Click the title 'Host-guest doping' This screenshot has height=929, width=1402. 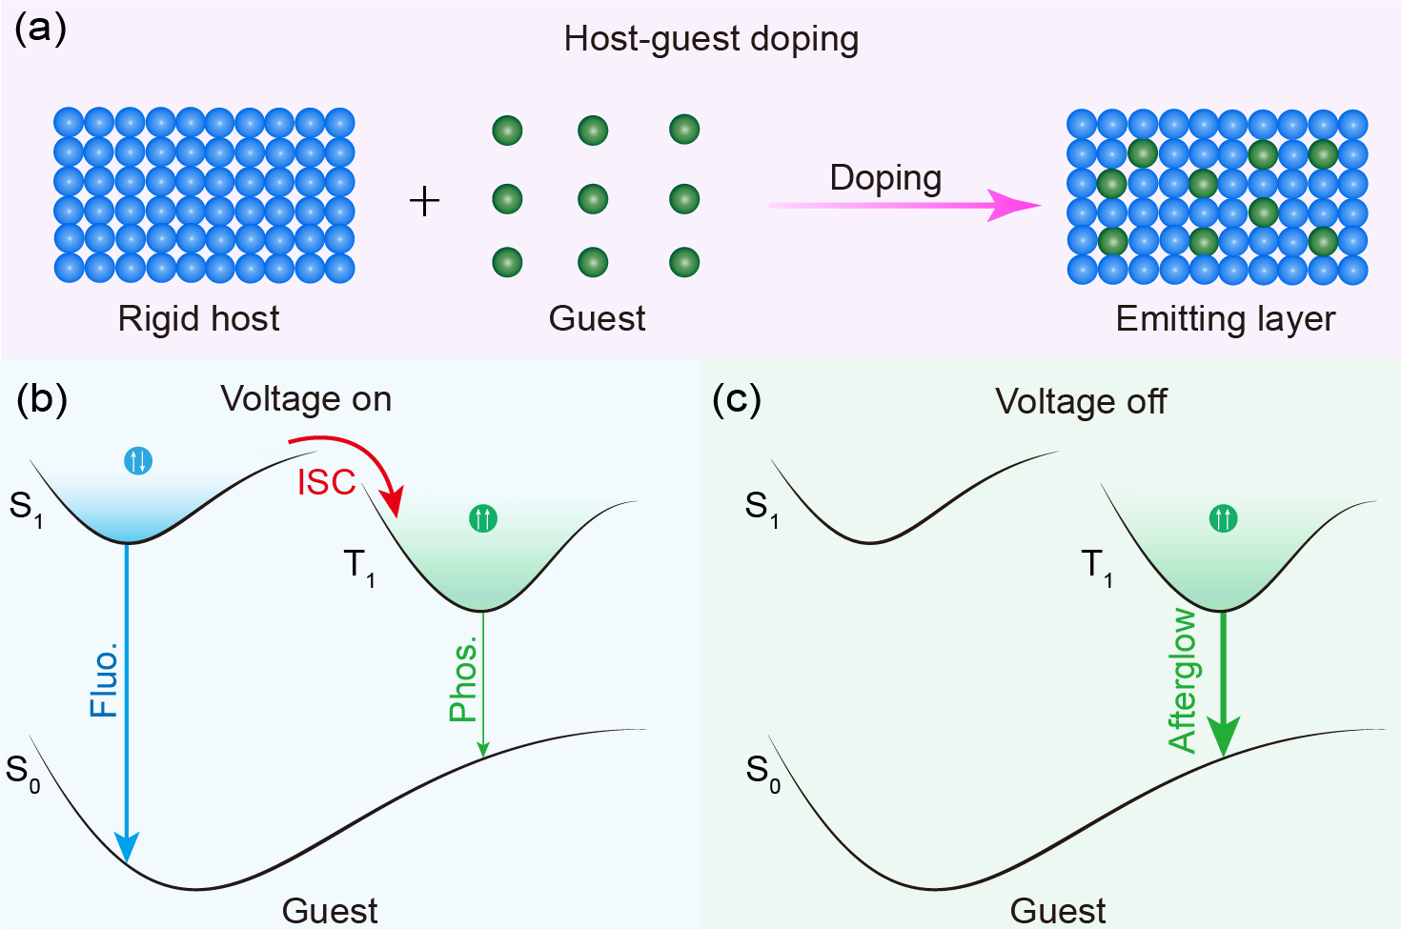pyautogui.click(x=711, y=39)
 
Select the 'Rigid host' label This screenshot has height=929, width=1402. pyautogui.click(x=198, y=318)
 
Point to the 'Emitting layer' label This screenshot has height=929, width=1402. pyautogui.click(x=1225, y=318)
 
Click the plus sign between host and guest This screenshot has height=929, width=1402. pyautogui.click(x=424, y=201)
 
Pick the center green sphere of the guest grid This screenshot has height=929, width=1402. pyautogui.click(x=593, y=199)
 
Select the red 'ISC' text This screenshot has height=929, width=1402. pyautogui.click(x=326, y=483)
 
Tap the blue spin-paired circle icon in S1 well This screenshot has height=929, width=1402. pyautogui.click(x=139, y=461)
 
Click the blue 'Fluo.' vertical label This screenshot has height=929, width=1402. pyautogui.click(x=104, y=680)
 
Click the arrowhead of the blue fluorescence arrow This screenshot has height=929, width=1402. pyautogui.click(x=127, y=846)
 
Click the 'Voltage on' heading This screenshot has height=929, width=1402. pyautogui.click(x=306, y=399)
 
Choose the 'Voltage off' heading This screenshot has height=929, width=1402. pyautogui.click(x=1081, y=402)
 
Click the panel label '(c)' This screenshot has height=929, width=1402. pyautogui.click(x=737, y=400)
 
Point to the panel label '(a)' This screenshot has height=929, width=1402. pyautogui.click(x=41, y=29)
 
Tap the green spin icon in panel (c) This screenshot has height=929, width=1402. pyautogui.click(x=1223, y=519)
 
